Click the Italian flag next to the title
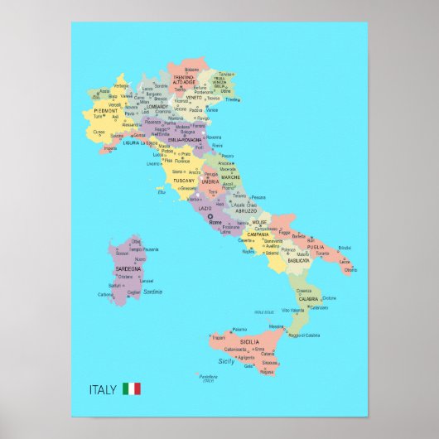[131, 388]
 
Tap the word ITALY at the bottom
[103, 388]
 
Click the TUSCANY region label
[183, 180]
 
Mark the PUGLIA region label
[316, 246]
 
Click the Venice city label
[213, 109]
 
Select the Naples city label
[248, 251]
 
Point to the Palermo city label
[239, 330]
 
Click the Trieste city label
[233, 99]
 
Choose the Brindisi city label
[345, 248]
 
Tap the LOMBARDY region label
[157, 106]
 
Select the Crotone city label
[330, 298]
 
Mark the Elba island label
[162, 192]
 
